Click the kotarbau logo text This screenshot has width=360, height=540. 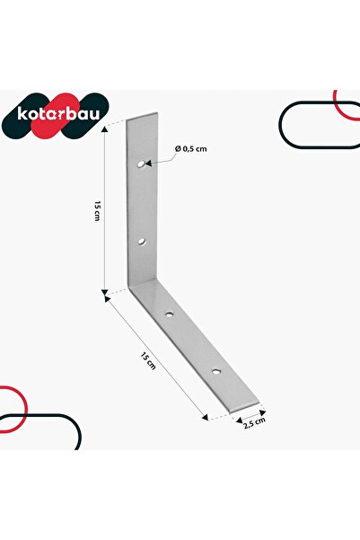(58, 114)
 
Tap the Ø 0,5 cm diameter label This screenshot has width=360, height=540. (191, 149)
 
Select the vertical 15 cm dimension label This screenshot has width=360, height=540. (97, 211)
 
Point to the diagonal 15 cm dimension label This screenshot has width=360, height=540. (148, 360)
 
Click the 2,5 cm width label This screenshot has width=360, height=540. (254, 422)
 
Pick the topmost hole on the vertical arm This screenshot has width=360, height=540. (141, 164)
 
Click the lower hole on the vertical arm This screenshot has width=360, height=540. (142, 242)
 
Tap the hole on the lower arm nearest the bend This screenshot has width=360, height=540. (169, 314)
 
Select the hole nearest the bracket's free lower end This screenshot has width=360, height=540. (215, 371)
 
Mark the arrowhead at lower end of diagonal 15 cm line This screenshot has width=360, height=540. (205, 417)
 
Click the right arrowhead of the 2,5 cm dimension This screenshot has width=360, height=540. (263, 412)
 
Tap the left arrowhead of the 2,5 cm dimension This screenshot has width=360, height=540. (239, 420)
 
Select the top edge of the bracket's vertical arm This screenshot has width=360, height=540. (142, 116)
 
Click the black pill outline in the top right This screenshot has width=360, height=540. (279, 125)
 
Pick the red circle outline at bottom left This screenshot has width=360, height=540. (26, 409)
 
